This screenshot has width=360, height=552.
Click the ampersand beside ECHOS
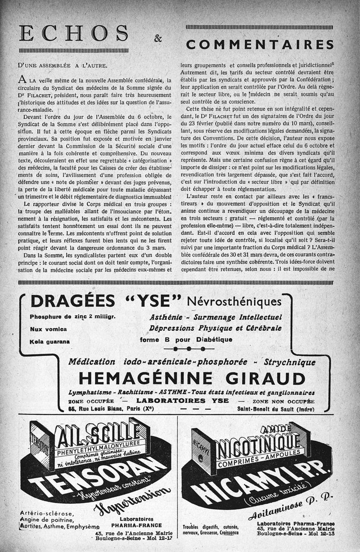click(x=158, y=39)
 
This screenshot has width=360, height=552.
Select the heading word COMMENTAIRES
click(x=260, y=45)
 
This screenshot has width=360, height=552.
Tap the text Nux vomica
click(x=48, y=329)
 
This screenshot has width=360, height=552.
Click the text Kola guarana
click(x=50, y=341)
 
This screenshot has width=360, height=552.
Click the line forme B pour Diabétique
click(x=186, y=339)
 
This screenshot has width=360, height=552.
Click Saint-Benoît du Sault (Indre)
click(x=275, y=408)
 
